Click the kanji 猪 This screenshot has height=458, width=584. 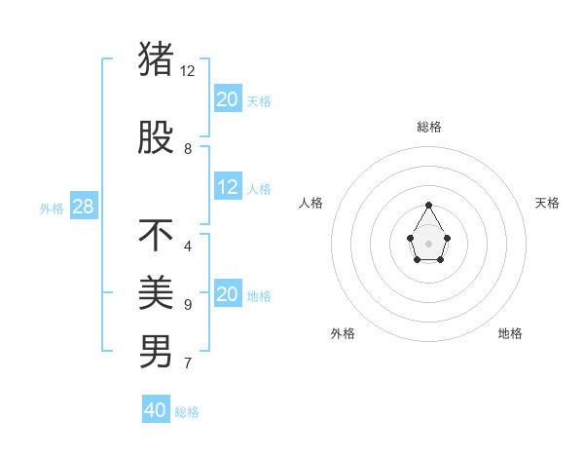tap(157, 59)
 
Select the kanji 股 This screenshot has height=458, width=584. tap(157, 137)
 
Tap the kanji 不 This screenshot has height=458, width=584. tap(157, 235)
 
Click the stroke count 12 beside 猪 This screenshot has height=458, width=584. tap(188, 71)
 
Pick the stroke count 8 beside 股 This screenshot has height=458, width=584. tap(188, 149)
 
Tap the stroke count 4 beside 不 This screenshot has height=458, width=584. tap(188, 247)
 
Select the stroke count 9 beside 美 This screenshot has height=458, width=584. tap(188, 305)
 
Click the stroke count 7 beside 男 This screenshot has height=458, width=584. tap(188, 363)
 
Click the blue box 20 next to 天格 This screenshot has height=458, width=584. tap(228, 99)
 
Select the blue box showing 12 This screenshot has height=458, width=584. tap(228, 187)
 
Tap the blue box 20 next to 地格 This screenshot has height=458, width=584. tap(228, 294)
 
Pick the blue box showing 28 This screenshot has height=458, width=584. tap(83, 207)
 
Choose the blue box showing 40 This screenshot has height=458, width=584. tap(156, 410)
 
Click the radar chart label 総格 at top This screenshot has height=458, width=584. tap(429, 127)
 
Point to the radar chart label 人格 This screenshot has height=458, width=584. tap(310, 203)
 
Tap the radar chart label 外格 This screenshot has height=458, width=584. tap(343, 333)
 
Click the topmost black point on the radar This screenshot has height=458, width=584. tap(429, 205)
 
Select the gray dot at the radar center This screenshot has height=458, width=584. tap(429, 243)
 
